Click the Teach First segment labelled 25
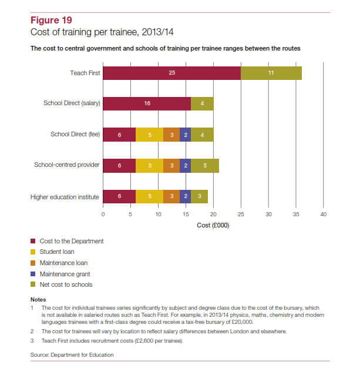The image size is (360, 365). click(172, 73)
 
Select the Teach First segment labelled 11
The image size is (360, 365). click(271, 73)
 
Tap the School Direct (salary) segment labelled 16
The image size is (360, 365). click(147, 103)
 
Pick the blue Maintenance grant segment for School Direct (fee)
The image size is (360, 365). click(186, 135)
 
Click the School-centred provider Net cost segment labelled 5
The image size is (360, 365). click(205, 166)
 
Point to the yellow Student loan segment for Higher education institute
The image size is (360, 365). click(150, 196)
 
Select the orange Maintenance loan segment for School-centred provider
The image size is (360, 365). click(171, 166)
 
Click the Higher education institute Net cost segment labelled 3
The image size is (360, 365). click(199, 196)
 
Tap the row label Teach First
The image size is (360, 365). click(85, 73)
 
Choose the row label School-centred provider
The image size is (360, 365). click(67, 165)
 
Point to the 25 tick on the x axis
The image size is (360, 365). click(241, 215)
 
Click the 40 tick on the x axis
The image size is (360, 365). click(324, 215)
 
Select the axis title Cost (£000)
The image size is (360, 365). click(213, 225)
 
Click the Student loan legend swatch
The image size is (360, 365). click(33, 252)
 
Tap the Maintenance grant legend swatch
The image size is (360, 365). click(33, 274)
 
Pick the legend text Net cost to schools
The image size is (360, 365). click(66, 284)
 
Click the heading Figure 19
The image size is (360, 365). click(51, 20)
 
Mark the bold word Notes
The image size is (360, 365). click(38, 300)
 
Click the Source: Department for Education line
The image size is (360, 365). click(72, 355)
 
